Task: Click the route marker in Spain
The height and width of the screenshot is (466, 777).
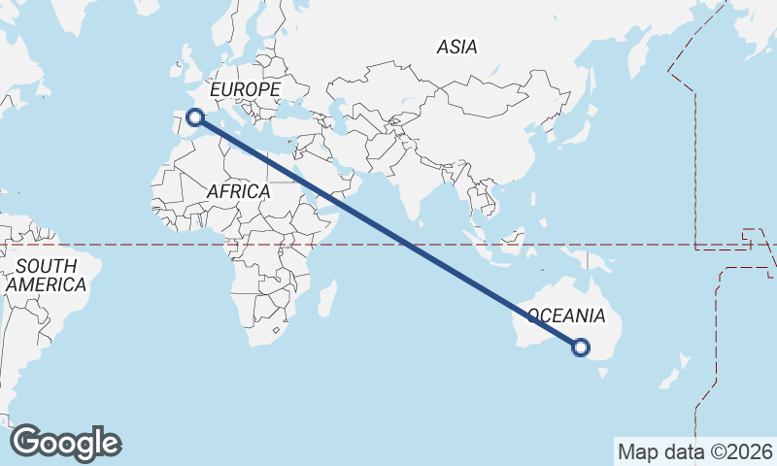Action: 195,117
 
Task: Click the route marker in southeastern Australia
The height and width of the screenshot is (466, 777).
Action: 581,347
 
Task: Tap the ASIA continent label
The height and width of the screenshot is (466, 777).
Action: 456,47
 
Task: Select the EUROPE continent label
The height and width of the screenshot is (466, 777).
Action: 245,89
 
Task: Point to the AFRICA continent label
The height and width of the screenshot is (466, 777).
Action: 238,192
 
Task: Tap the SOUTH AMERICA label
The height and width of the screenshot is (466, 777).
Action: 46,276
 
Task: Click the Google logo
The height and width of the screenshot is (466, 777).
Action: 66,443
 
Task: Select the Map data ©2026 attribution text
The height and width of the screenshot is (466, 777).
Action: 694,451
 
